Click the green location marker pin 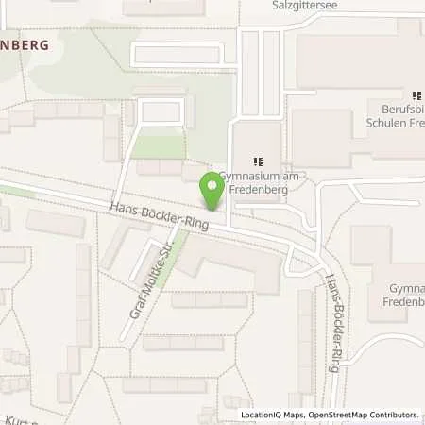point(212,190)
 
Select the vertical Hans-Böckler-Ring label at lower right point(332,320)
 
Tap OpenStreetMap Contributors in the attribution point(365,415)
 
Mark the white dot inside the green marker point(212,184)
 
